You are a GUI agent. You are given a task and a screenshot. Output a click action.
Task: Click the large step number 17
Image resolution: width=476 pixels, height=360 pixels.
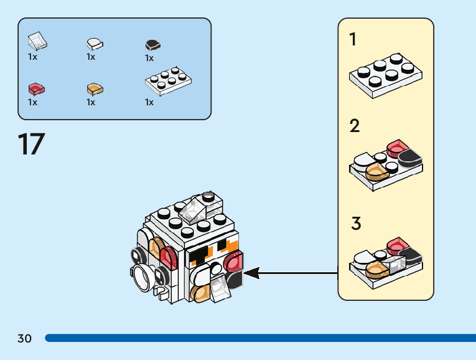click(x=31, y=144)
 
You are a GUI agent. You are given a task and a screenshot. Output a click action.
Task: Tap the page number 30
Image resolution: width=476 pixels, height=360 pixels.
click(x=24, y=338)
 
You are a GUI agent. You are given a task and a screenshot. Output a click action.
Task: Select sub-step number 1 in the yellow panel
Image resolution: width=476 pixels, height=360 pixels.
click(x=353, y=40)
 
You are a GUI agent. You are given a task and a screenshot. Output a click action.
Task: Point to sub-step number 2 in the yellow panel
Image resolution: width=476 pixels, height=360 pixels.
click(x=354, y=126)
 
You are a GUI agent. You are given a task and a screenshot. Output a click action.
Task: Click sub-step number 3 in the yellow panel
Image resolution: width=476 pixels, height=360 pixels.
click(x=355, y=223)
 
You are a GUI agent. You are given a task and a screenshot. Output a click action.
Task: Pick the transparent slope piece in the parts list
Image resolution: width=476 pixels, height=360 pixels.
click(x=38, y=41)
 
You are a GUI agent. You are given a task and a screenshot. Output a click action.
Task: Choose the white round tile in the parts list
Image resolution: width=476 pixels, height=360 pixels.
click(x=95, y=44)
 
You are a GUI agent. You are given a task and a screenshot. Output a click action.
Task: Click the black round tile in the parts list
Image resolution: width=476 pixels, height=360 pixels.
click(x=152, y=45)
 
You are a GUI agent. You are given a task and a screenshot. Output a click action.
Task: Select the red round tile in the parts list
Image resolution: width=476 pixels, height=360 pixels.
click(x=36, y=89)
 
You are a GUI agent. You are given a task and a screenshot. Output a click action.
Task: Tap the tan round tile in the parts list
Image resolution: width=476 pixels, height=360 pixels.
click(x=95, y=89)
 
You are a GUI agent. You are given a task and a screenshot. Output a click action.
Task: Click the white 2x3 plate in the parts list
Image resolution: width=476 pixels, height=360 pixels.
click(x=167, y=81)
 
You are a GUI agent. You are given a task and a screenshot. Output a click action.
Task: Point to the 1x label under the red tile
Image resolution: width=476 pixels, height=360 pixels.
click(x=33, y=102)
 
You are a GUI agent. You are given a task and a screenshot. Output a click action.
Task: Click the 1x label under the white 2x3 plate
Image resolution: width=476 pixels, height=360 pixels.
click(x=149, y=102)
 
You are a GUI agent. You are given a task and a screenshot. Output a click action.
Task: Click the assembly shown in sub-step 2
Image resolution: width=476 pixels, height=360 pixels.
click(x=386, y=165)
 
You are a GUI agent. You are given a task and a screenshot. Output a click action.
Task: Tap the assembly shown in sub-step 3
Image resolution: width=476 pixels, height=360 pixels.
click(x=386, y=262)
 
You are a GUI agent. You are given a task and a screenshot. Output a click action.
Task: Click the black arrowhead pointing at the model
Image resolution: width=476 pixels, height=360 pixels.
click(x=251, y=272)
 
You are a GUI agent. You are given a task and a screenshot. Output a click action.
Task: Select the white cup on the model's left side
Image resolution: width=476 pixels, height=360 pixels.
click(x=142, y=275)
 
